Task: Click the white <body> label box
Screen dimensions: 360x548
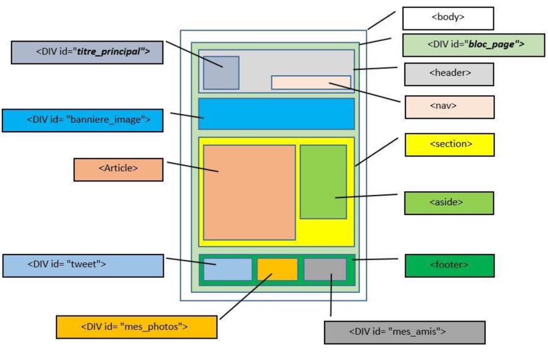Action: tap(448, 18)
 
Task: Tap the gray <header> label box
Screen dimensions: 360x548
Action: tap(449, 74)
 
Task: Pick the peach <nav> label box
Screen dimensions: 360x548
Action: tap(449, 107)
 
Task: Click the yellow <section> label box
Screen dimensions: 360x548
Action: tap(449, 145)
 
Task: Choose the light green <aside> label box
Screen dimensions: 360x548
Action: tap(449, 203)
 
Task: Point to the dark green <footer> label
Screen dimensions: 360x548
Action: tap(449, 266)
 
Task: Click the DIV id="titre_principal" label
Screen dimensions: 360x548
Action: tap(87, 52)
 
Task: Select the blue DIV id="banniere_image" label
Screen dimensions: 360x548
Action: tap(82, 120)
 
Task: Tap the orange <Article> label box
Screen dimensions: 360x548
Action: tap(118, 169)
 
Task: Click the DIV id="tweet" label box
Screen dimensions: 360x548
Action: tap(83, 266)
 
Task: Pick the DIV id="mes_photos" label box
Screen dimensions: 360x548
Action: tap(136, 327)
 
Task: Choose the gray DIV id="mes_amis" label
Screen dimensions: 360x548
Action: tap(404, 333)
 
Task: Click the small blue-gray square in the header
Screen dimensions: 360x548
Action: tap(221, 72)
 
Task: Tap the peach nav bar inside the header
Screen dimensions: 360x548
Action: tap(311, 82)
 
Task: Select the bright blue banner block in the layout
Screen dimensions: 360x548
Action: tap(276, 114)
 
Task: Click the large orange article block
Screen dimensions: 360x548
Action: tap(249, 192)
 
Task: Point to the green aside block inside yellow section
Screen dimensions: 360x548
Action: tap(323, 182)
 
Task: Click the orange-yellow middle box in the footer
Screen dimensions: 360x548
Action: tap(277, 269)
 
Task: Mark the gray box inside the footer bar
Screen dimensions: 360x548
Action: tap(325, 269)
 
